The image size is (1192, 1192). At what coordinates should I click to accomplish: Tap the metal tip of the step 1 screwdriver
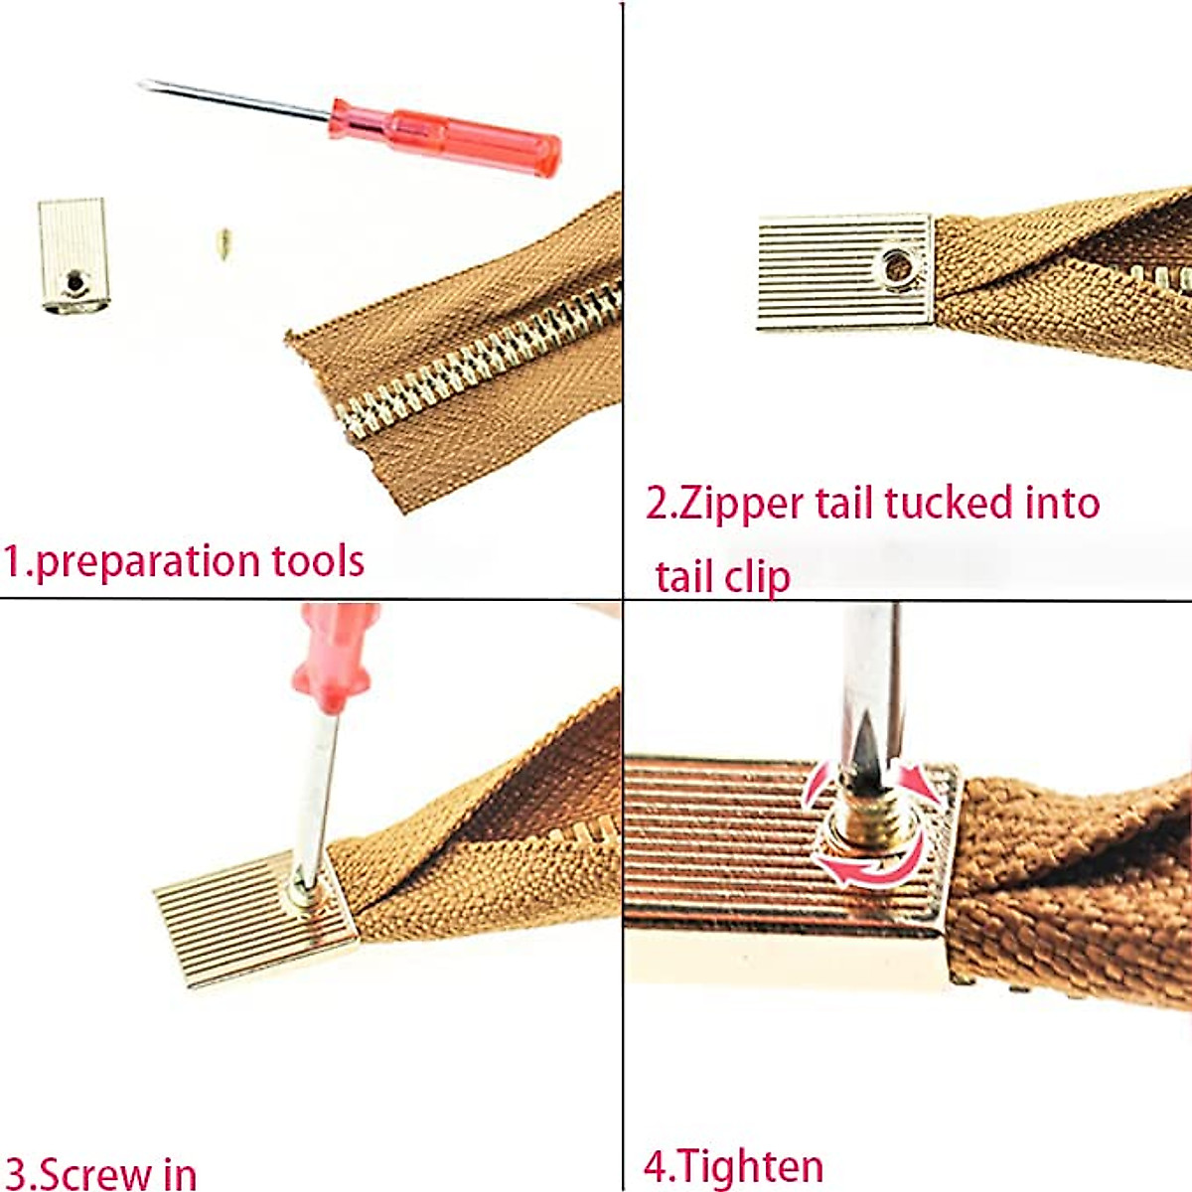[159, 87]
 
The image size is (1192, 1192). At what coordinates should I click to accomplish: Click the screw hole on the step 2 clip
[898, 266]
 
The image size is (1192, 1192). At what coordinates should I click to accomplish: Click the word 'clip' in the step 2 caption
[753, 576]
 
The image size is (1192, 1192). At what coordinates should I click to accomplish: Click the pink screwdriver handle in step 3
[334, 656]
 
